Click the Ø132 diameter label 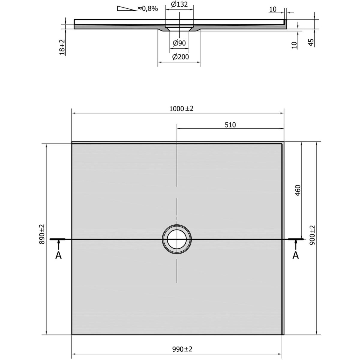coord(179,4)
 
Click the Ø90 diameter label coord(179,43)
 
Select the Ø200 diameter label coord(181,57)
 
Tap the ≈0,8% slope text coord(148,8)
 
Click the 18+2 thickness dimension coord(62,47)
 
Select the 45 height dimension coord(311,43)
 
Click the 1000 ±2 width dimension coord(181,108)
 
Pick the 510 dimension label coord(230,125)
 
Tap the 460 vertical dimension coord(298,190)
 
